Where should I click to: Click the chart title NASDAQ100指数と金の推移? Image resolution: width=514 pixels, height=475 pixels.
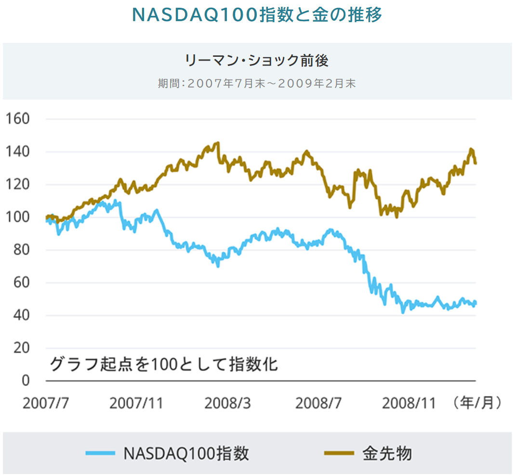pyautogui.click(x=257, y=15)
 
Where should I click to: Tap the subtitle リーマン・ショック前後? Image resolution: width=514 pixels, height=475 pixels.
pyautogui.click(x=257, y=61)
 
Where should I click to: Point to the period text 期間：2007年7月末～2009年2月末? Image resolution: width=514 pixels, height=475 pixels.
pyautogui.click(x=257, y=83)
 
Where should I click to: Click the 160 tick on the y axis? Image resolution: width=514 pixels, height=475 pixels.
pyautogui.click(x=17, y=119)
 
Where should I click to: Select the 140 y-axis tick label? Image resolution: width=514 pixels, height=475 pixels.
pyautogui.click(x=17, y=152)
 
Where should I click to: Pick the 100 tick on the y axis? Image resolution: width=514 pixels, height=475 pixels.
pyautogui.click(x=17, y=217)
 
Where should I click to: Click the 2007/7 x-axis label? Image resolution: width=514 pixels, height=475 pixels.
pyautogui.click(x=46, y=403)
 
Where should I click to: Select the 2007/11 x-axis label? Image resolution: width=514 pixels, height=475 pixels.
pyautogui.click(x=136, y=403)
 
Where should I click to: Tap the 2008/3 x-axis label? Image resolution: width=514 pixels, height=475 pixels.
pyautogui.click(x=227, y=403)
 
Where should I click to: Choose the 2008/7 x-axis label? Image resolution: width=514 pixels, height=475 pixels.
pyautogui.click(x=318, y=403)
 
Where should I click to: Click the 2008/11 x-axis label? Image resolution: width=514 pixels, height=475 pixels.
pyautogui.click(x=409, y=403)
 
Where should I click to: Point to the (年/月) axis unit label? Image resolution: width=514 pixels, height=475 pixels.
pyautogui.click(x=477, y=402)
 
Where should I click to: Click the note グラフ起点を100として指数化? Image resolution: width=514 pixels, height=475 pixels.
pyautogui.click(x=164, y=364)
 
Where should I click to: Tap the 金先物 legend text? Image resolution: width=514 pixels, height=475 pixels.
pyautogui.click(x=387, y=453)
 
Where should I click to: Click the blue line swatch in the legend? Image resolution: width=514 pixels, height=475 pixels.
pyautogui.click(x=100, y=453)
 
